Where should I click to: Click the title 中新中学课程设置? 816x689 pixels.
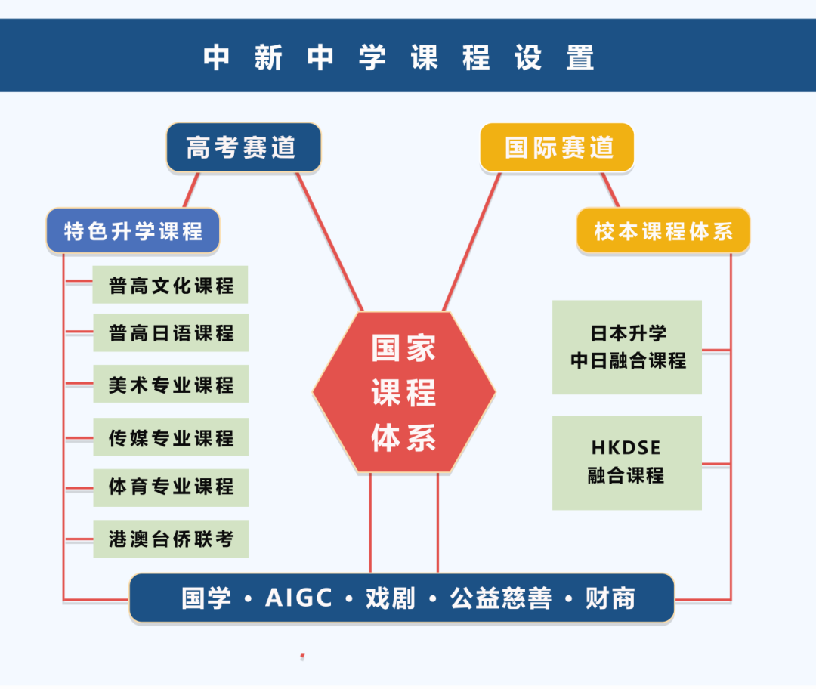point(399,57)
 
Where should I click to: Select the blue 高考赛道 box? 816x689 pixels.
point(243,147)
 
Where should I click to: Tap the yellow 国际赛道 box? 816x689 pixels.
point(557,147)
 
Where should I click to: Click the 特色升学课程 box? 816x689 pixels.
point(133,230)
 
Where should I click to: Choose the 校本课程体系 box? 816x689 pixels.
point(663,230)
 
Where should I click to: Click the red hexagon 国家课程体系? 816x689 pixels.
point(404,393)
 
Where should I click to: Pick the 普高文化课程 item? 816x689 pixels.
point(171,285)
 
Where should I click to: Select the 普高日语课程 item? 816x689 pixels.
point(171,332)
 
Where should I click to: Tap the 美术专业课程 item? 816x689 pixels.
point(171,385)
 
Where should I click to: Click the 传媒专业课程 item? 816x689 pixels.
point(171,437)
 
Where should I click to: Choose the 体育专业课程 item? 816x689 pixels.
point(171,487)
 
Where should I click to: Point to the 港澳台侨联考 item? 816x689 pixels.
point(171,539)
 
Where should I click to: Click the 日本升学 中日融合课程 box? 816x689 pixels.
point(627,348)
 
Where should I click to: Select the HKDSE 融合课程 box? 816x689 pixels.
point(627,462)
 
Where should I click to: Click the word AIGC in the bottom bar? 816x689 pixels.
point(299,598)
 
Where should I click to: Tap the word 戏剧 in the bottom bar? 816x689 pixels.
point(391,598)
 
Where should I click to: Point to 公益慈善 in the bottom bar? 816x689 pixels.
point(500,598)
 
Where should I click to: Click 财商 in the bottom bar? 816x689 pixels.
point(610,598)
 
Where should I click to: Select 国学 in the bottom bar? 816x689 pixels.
point(206,598)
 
